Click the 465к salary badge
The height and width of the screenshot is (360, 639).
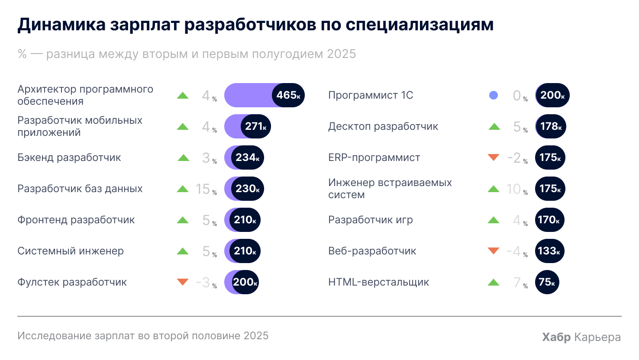(x=288, y=95)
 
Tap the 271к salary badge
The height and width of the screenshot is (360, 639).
(x=255, y=126)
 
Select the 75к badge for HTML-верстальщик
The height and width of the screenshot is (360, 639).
(x=547, y=282)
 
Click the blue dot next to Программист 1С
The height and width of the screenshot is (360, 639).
(x=493, y=95)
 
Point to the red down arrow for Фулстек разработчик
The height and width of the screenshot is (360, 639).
(x=183, y=282)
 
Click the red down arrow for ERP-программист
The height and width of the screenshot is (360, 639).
(x=494, y=157)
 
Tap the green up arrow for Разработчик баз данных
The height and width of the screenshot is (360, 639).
(x=183, y=189)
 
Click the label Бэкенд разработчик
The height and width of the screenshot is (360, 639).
(x=69, y=157)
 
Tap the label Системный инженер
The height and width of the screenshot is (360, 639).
(x=71, y=251)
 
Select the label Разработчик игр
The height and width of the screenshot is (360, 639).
(x=370, y=220)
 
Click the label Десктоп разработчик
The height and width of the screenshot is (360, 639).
(x=383, y=126)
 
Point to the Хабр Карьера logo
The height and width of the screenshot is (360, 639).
(x=581, y=337)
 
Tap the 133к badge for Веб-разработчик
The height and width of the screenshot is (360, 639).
(x=549, y=251)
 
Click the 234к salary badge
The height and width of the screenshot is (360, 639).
(x=247, y=157)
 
